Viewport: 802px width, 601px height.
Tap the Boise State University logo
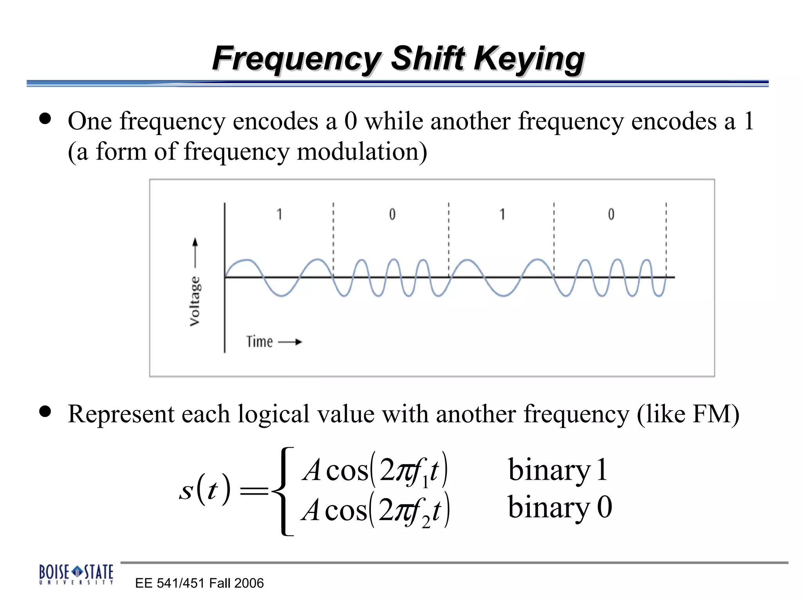tap(76, 574)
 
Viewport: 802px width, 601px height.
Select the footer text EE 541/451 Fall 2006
tap(199, 583)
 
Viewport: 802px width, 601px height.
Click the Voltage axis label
tap(195, 301)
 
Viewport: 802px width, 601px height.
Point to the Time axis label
tap(259, 342)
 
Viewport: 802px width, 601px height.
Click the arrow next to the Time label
tap(290, 342)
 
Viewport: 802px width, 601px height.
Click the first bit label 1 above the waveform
tap(279, 214)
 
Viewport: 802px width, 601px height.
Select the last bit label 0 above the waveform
tap(611, 214)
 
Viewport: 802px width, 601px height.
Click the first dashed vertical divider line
tap(333, 235)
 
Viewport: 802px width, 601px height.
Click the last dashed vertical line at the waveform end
tap(666, 235)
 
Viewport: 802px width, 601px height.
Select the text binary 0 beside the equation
tap(560, 507)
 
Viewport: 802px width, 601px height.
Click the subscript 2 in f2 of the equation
tap(426, 523)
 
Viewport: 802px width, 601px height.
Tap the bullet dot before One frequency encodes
tap(45, 119)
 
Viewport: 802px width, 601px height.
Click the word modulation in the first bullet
tap(361, 152)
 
